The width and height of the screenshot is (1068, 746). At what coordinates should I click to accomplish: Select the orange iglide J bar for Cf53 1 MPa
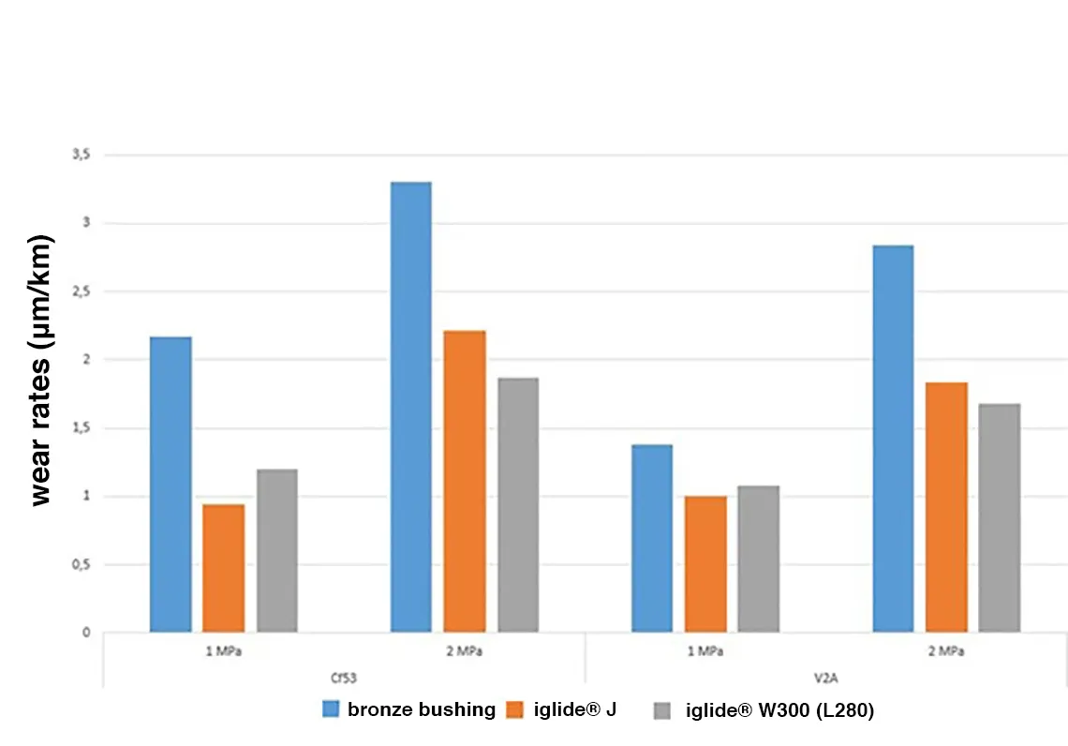tap(224, 568)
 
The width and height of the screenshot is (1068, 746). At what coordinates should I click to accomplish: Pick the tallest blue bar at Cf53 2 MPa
tap(411, 407)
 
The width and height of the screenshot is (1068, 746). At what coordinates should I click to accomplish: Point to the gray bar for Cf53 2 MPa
tap(518, 505)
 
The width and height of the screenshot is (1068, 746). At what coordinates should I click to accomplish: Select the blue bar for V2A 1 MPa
tap(652, 538)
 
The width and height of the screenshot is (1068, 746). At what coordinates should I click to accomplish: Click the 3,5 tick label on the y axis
tap(82, 155)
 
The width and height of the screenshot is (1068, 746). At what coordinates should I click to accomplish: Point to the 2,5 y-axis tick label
tap(82, 291)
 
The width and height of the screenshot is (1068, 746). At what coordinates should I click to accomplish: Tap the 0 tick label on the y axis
tap(85, 633)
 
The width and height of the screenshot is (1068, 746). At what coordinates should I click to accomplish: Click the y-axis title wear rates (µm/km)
tap(42, 370)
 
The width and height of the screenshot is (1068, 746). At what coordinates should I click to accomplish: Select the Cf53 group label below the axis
tap(344, 673)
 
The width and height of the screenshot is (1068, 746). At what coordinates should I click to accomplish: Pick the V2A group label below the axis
tap(825, 673)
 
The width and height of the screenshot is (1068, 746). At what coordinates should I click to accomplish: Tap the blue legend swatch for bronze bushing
tap(332, 709)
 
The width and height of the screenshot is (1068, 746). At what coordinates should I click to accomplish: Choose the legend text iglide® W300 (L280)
tap(779, 711)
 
